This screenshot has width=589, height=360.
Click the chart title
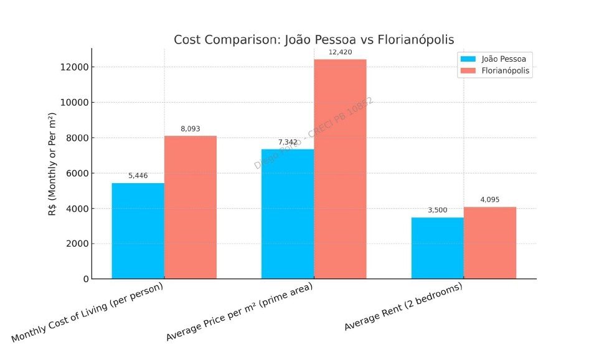[314, 40]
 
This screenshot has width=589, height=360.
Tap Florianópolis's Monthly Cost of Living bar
[191, 207]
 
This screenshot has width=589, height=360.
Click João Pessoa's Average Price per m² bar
[288, 214]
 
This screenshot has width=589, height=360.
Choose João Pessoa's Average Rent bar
[438, 248]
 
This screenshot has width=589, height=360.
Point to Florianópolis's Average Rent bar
[490, 243]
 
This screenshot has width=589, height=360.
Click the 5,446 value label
[138, 176]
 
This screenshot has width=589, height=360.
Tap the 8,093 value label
[191, 129]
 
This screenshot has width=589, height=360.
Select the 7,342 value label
[288, 143]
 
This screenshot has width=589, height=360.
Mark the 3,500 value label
[438, 211]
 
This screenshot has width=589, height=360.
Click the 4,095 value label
[490, 200]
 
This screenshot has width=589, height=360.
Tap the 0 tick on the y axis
[85, 279]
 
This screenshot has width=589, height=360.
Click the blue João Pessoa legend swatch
[468, 59]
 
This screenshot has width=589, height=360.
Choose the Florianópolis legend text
[506, 71]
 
